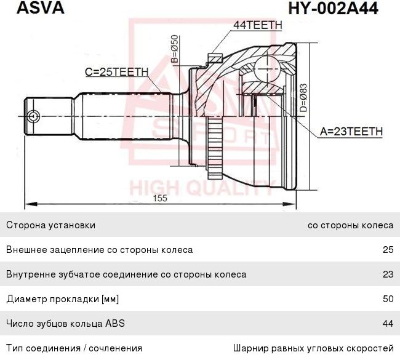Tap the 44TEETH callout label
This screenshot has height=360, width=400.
pos(257,25)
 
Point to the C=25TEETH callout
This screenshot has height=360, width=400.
pos(116,72)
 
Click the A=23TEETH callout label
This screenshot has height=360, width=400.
pos(351,132)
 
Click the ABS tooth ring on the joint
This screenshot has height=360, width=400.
pos(213,145)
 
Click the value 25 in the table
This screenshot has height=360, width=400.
pos(387,250)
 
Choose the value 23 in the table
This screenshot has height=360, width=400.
pos(387,274)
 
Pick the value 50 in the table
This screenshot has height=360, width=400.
pos(387,299)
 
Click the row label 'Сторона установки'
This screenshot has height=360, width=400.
pos(50,225)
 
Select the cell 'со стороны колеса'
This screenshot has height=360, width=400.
pos(350,225)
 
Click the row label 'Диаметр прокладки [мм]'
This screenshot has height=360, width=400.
pos(62,299)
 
